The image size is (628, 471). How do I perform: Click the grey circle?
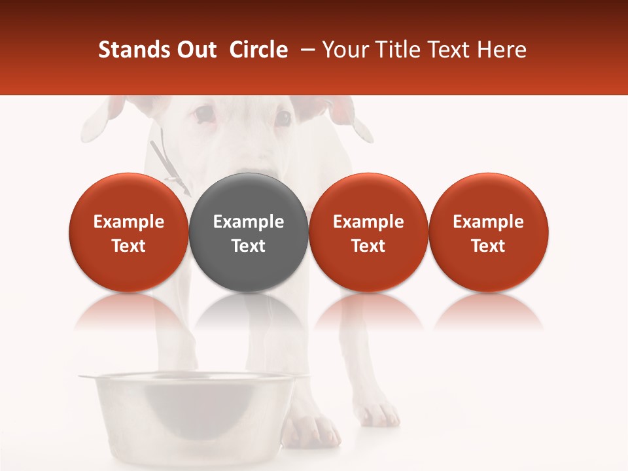[x=249, y=232]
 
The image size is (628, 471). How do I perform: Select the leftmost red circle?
[x=129, y=232]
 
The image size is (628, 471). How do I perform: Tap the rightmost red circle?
[x=488, y=232]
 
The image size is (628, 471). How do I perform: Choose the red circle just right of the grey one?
[x=368, y=232]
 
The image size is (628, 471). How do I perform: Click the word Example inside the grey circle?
[x=249, y=222]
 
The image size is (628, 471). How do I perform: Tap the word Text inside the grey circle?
[x=249, y=246]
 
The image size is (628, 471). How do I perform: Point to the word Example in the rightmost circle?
[x=488, y=222]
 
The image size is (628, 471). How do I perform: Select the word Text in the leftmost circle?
[x=129, y=246]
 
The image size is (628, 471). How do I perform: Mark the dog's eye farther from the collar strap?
[x=283, y=118]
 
